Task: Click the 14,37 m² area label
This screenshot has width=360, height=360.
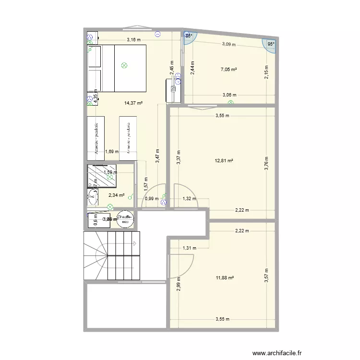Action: [134, 103]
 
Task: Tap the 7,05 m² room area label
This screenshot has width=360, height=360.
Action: [229, 70]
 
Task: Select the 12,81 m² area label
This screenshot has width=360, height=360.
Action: [224, 161]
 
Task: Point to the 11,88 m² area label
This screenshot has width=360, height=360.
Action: [224, 277]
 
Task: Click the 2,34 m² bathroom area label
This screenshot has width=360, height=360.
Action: [116, 195]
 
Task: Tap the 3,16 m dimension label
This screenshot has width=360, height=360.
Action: [134, 40]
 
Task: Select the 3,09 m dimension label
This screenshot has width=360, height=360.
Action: [229, 45]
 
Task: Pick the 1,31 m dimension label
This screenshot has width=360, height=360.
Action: [190, 248]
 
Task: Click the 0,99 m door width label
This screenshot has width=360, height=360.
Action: [152, 199]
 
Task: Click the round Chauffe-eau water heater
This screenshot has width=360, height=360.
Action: [125, 219]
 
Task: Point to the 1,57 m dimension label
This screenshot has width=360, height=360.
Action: [145, 181]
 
